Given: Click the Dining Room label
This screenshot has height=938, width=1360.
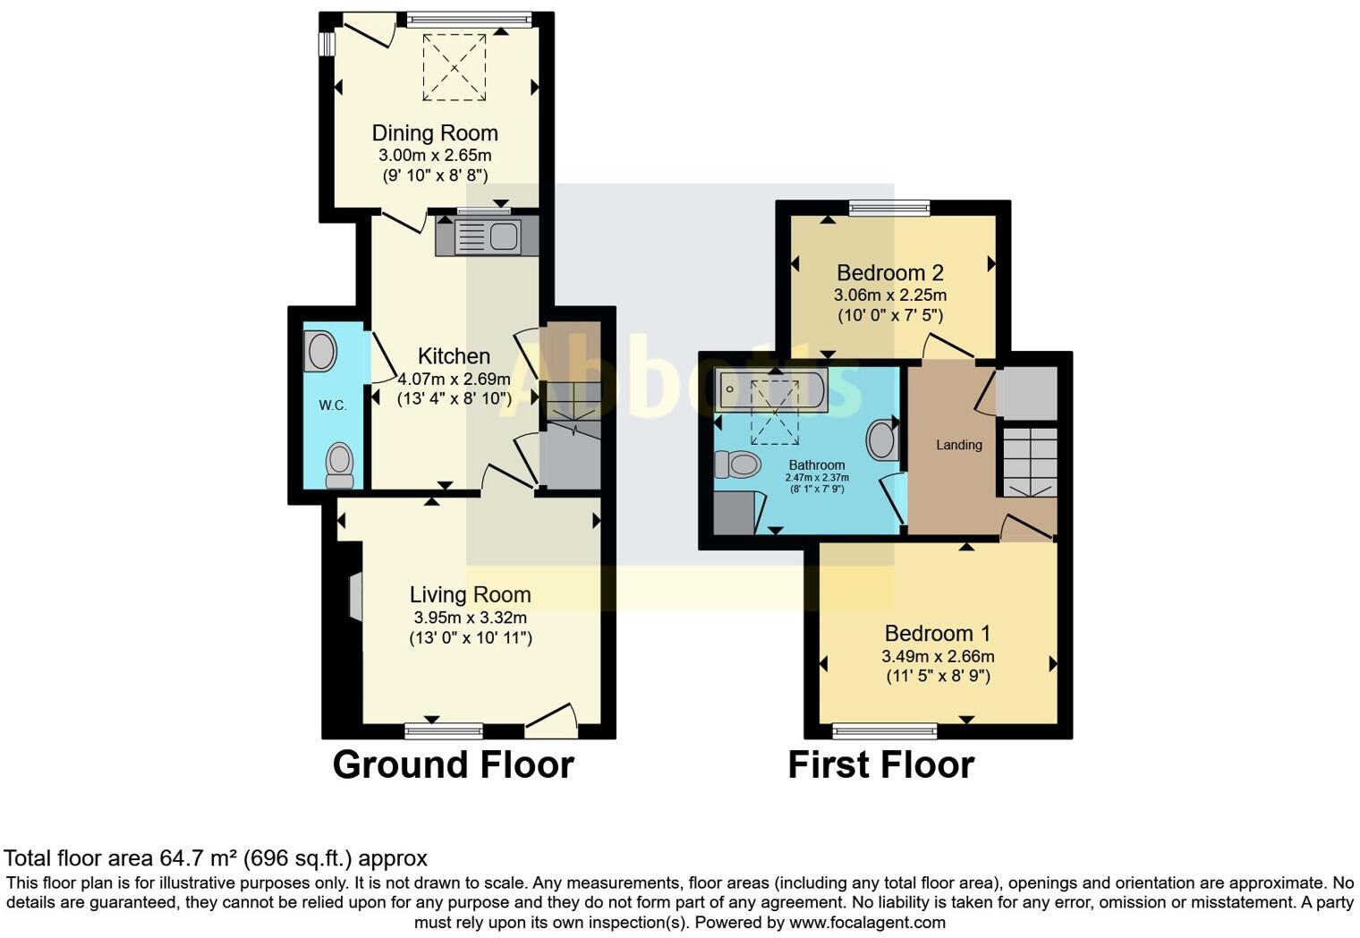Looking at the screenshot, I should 435,133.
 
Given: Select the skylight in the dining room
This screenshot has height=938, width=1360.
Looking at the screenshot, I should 455,68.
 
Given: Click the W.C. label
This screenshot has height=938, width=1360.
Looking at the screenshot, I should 333,405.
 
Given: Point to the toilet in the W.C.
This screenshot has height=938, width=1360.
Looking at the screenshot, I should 339,465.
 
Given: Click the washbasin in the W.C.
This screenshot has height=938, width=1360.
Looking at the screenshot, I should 321,351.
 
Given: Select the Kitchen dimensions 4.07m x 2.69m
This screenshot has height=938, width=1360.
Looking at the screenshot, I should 454,379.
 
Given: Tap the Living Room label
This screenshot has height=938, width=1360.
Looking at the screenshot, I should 470,594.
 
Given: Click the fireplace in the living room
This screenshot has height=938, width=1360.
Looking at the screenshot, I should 354,596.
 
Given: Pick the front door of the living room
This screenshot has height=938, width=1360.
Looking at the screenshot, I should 551,721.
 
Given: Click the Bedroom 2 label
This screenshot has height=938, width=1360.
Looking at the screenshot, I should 889,273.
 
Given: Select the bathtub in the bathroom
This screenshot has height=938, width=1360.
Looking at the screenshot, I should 771,390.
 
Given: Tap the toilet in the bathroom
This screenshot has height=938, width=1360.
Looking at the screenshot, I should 737,465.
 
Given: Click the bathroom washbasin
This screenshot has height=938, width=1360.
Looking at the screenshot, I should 882,439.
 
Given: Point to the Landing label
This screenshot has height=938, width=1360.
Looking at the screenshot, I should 958,445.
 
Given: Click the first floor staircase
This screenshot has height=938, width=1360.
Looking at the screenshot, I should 1029,462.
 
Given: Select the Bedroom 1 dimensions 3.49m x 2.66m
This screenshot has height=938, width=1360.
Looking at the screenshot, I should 938,656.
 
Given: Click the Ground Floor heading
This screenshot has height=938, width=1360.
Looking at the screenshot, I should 453,765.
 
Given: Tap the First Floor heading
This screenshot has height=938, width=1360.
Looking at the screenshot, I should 880,765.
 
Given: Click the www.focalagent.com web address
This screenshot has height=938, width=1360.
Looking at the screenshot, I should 867,922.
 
